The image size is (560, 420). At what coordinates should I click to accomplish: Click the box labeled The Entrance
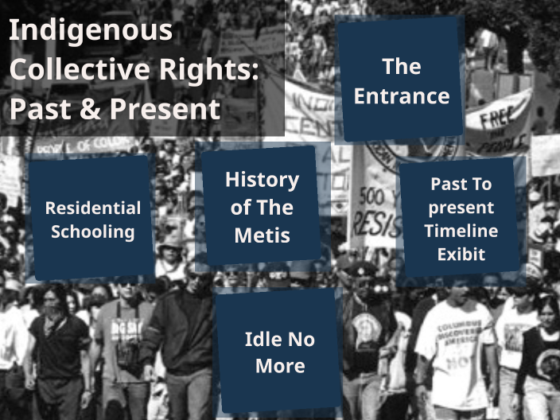click(401, 80)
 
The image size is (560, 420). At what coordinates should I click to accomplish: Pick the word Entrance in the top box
click(402, 96)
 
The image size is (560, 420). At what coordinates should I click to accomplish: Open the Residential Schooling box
click(92, 220)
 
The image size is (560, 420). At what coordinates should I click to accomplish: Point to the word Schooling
click(92, 232)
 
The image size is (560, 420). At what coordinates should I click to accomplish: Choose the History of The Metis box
click(261, 207)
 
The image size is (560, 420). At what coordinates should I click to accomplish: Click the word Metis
click(262, 235)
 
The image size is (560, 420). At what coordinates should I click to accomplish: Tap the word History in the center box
click(262, 180)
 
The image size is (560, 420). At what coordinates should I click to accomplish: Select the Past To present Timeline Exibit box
click(461, 219)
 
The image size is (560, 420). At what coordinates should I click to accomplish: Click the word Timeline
click(461, 231)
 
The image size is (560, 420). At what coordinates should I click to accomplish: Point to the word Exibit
click(461, 255)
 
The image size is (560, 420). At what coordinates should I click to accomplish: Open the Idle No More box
click(280, 352)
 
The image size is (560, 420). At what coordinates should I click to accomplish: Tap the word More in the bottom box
click(280, 365)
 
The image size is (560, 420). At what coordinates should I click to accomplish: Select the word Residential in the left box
click(92, 208)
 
